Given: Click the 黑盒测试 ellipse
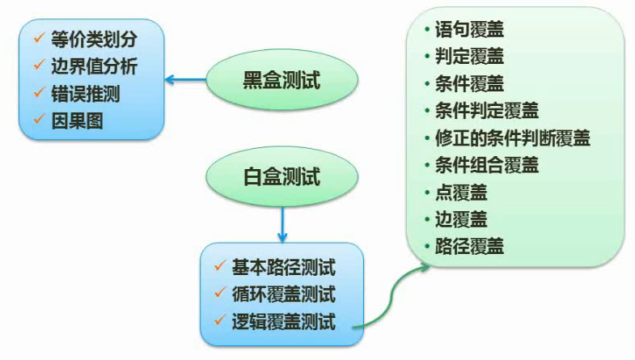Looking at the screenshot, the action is (282, 79).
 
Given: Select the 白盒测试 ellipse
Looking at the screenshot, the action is (282, 176).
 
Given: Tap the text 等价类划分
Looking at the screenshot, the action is (94, 40).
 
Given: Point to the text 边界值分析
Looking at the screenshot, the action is (94, 66).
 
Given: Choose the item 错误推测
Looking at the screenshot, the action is (86, 94).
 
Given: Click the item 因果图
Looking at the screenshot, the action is (77, 121).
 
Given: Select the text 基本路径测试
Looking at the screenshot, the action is (283, 267).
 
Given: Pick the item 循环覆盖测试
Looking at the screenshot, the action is (283, 294).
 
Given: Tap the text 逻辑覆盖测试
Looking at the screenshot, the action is (283, 322).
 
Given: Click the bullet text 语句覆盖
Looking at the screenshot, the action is (469, 30).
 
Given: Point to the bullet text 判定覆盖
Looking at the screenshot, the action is (469, 57).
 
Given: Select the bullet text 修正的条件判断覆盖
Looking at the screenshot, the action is (513, 138).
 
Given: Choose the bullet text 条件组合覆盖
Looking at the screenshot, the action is (487, 165).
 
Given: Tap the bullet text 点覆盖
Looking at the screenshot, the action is (461, 193).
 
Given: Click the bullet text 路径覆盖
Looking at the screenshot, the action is (469, 246).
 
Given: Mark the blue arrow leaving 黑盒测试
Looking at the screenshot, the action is (185, 79).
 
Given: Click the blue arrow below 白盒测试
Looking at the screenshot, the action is (282, 224).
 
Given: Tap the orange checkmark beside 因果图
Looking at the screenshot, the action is (39, 119).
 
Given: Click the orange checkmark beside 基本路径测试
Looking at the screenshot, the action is (220, 265).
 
